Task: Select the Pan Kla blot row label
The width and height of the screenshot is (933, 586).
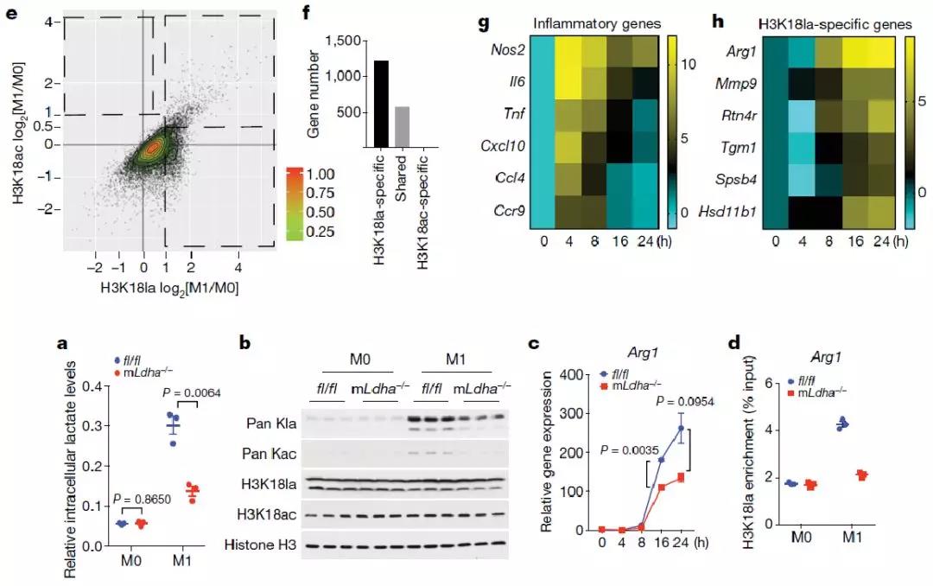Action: pyautogui.click(x=270, y=424)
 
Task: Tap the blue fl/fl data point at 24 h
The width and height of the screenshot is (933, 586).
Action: pyautogui.click(x=681, y=428)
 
